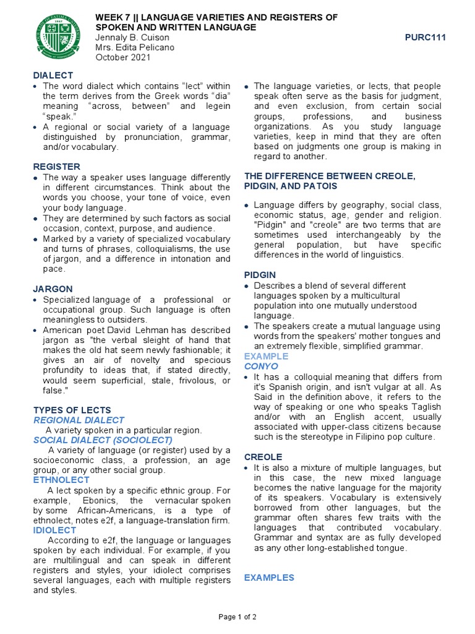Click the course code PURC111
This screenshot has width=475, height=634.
click(425, 38)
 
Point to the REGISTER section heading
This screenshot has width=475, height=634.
click(56, 167)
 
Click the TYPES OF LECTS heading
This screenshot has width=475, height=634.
click(72, 410)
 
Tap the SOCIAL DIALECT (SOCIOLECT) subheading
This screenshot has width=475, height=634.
click(103, 440)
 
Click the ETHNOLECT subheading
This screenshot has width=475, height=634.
click(61, 480)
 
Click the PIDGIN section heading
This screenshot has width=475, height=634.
click(260, 274)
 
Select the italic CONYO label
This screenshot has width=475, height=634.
click(261, 367)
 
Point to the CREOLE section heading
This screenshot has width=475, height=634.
click(262, 456)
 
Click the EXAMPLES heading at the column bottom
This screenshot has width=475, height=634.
click(269, 577)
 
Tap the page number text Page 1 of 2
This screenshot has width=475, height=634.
click(237, 617)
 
